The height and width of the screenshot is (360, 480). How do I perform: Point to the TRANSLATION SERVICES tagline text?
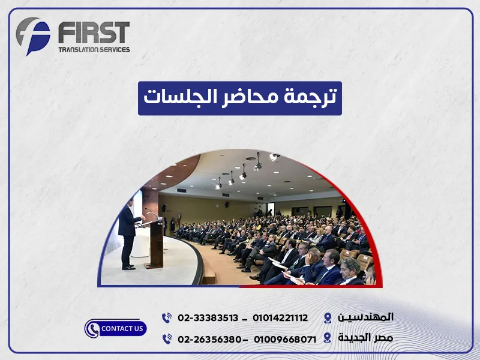(93, 49)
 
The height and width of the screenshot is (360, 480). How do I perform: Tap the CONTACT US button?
(116, 328)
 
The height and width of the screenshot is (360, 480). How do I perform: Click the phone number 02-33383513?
(208, 317)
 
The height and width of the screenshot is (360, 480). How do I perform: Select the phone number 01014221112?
(280, 317)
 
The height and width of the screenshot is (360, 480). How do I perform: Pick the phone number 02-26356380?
(209, 339)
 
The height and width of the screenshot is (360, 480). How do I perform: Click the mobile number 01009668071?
(284, 339)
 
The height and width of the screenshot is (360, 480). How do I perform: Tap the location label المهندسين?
(366, 317)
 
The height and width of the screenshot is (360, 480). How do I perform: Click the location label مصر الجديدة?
(365, 338)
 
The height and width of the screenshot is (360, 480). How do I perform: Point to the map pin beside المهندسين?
(327, 317)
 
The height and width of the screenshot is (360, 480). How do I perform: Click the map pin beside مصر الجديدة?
(327, 338)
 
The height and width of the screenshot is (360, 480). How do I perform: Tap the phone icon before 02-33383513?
(167, 317)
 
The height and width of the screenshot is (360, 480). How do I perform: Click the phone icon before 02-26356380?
(167, 339)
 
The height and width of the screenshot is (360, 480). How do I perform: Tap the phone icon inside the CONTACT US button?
(92, 329)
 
